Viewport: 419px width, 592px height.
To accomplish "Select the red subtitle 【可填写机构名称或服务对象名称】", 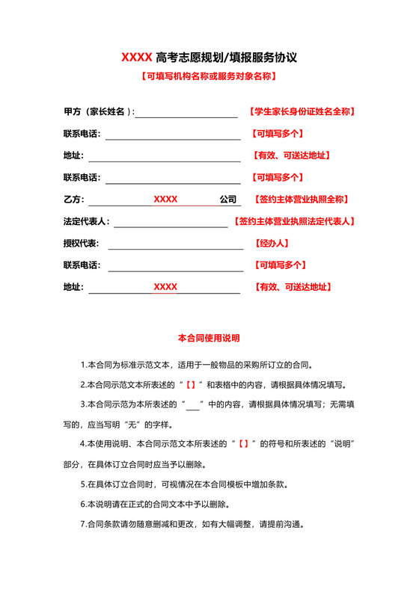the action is click(x=209, y=76).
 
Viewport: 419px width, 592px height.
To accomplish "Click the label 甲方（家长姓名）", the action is click(x=98, y=112).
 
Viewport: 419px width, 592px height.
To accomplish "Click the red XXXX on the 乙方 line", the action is click(x=165, y=200).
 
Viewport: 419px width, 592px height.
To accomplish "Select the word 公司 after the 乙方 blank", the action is click(x=227, y=200).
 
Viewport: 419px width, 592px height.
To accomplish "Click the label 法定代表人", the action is click(x=86, y=222).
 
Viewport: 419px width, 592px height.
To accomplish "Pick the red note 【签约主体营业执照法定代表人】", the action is click(x=294, y=222).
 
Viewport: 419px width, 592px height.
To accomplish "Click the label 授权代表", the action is click(x=82, y=244).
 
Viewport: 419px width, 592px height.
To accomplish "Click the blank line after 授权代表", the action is click(x=176, y=247).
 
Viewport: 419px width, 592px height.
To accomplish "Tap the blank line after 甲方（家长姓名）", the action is click(x=186, y=116).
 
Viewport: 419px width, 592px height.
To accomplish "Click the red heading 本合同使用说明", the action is click(x=209, y=338).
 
